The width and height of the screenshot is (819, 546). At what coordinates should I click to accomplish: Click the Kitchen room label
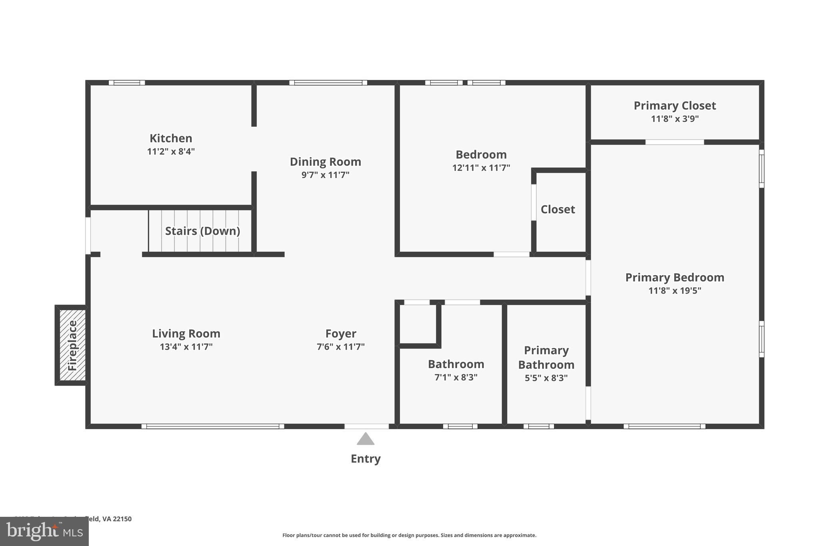tap(171, 138)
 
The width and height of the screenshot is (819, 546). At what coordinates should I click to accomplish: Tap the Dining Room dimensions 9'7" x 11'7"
tap(325, 175)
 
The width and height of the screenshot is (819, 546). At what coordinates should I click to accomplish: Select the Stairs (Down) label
tap(202, 231)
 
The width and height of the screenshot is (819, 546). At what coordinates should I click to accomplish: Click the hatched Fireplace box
tap(72, 345)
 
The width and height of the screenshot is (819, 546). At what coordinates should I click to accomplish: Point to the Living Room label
tap(186, 334)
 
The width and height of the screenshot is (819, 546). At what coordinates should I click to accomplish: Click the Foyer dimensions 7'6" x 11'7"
tap(341, 347)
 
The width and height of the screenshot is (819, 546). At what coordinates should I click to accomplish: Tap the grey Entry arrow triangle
tap(366, 439)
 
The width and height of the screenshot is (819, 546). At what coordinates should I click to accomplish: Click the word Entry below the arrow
tap(366, 459)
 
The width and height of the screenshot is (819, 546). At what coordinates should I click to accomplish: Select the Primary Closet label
tap(675, 106)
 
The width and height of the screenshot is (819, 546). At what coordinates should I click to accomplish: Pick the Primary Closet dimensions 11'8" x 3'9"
tap(675, 119)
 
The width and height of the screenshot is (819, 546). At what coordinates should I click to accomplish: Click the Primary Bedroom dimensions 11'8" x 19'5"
tap(675, 291)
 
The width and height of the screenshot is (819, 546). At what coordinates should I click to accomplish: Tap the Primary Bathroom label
tap(546, 358)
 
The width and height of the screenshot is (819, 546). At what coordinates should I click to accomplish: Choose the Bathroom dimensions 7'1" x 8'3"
tap(456, 377)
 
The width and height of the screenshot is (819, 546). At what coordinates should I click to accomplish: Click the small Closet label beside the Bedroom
tap(557, 210)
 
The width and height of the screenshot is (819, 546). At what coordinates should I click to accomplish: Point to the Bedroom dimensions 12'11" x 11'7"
tap(481, 168)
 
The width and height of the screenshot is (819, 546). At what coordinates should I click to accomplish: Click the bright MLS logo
tap(44, 531)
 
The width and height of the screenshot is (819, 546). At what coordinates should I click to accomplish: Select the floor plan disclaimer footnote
tap(409, 535)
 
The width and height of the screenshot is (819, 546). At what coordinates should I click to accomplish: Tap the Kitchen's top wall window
tap(127, 83)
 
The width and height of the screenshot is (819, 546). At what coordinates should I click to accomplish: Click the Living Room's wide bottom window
tap(213, 426)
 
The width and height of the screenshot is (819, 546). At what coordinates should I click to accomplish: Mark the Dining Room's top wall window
tap(328, 83)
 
